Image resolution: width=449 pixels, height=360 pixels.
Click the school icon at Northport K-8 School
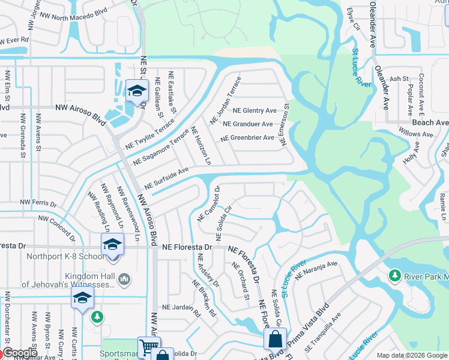pyautogui.click(x=112, y=244)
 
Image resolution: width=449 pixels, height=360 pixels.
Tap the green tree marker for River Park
pyautogui.click(x=395, y=276)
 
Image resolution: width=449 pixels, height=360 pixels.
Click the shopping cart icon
pyautogui.click(x=148, y=346)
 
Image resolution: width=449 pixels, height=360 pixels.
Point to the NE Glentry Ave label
pyautogui.click(x=255, y=110)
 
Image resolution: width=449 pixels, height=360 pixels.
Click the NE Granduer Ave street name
pyautogui.click(x=247, y=124)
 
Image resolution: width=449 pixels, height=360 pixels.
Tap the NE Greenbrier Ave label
pyautogui.click(x=247, y=138)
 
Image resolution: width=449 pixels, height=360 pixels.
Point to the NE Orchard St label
pyautogui.click(x=240, y=280)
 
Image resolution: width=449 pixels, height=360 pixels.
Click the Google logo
pyautogui.click(x=19, y=353)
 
